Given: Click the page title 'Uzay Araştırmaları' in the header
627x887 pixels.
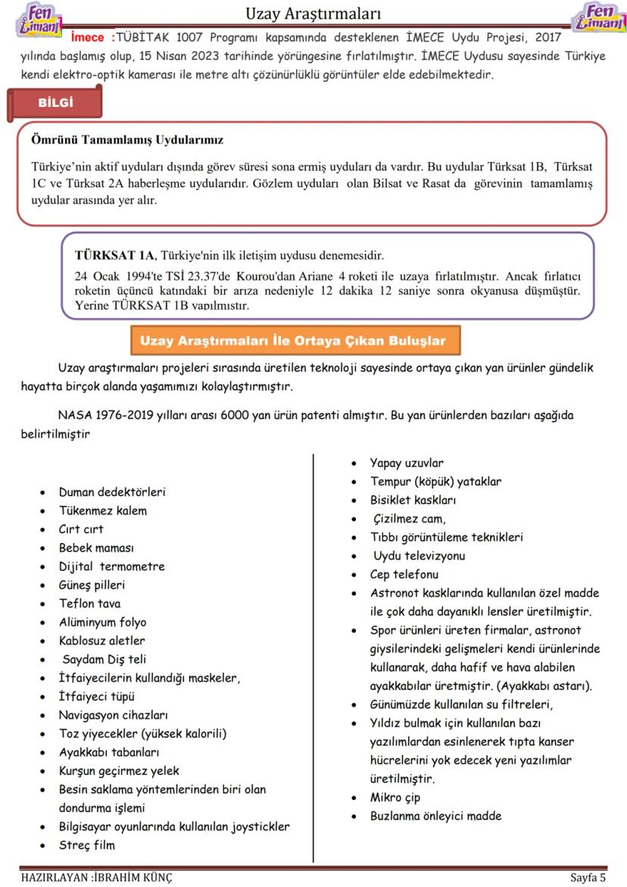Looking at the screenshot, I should click(313, 14).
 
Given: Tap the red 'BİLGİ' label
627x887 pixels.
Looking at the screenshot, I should click(56, 104).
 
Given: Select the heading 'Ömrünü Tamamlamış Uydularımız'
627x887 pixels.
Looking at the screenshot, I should click(127, 140).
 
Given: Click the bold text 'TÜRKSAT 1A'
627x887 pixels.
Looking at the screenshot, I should click(114, 255).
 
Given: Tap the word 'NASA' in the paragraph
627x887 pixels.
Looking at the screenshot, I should click(74, 416).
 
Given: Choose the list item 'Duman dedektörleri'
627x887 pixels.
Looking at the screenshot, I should click(112, 492).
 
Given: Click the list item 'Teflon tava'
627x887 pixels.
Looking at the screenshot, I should click(89, 604).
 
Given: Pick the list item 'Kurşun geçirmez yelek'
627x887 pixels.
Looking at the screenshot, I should click(119, 771).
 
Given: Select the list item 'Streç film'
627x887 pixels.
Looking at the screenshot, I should click(86, 845).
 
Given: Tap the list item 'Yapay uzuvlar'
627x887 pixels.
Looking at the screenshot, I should click(407, 463).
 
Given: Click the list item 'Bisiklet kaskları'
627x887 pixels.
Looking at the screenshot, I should click(413, 500).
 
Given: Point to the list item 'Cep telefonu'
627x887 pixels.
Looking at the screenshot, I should click(404, 574).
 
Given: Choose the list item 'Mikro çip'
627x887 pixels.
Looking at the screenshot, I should click(395, 798).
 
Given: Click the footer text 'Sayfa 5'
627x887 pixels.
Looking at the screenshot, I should click(588, 878).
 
